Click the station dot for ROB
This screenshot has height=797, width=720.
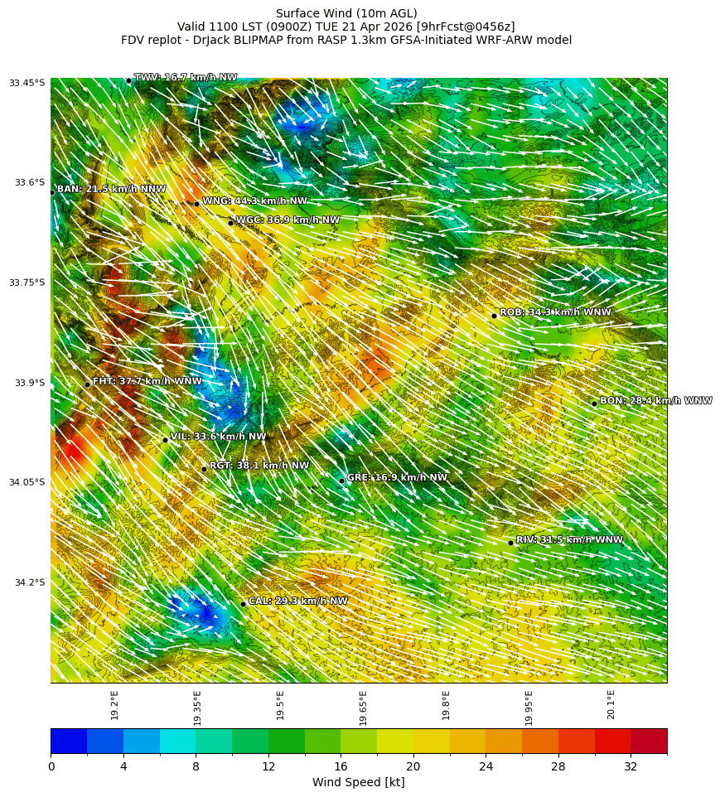[x=494, y=316]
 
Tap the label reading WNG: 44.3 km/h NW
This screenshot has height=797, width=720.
[x=254, y=201]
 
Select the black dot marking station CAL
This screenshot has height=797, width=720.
[x=243, y=604]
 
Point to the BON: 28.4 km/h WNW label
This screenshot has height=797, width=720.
[x=655, y=401]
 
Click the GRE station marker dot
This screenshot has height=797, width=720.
[x=341, y=481]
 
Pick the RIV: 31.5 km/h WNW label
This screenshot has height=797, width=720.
[x=569, y=540]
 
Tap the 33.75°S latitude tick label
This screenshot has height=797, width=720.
[x=27, y=283]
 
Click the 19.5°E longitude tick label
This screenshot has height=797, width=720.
[x=280, y=705]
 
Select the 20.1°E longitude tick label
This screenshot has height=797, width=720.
[x=611, y=705]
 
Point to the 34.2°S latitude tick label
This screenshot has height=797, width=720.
[x=30, y=582]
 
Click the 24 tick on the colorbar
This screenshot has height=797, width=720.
[x=486, y=766]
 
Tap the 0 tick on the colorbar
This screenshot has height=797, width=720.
[x=51, y=766]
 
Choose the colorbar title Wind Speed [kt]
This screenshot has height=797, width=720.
[x=358, y=782]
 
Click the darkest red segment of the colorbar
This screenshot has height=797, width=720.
[x=649, y=741]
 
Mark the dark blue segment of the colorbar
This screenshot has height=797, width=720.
[x=69, y=741]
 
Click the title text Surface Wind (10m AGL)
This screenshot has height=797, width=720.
[x=346, y=13]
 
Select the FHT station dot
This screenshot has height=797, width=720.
[x=87, y=384]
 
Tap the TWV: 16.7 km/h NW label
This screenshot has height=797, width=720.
[x=186, y=78]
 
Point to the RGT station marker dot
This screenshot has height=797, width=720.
[x=204, y=469]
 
